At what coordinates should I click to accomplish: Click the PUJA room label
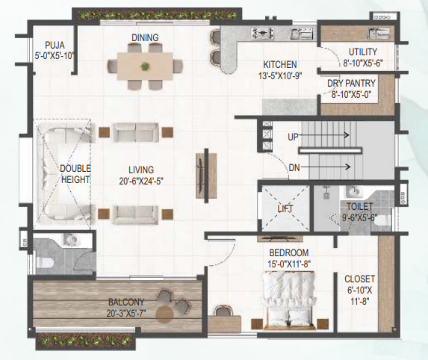(54, 45)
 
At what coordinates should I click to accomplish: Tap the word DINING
(144, 38)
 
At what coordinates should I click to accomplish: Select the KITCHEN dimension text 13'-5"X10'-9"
(279, 75)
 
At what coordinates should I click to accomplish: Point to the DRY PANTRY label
(355, 84)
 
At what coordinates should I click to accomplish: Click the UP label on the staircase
(294, 136)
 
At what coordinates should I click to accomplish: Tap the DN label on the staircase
(294, 167)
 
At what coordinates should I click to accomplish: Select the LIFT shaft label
(284, 208)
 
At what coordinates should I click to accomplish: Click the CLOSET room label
(360, 278)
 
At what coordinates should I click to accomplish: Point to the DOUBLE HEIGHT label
(75, 174)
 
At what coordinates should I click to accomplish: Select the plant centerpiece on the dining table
(143, 66)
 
